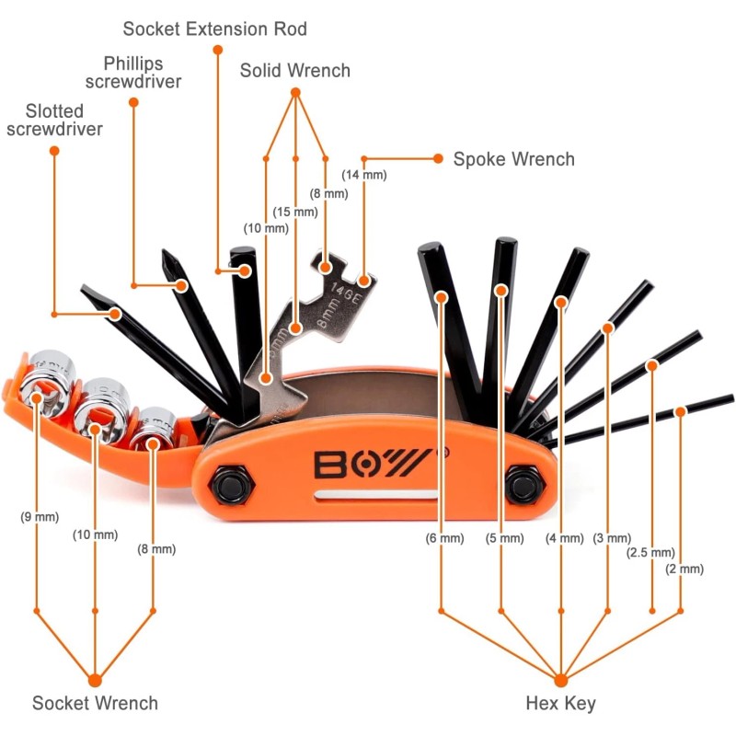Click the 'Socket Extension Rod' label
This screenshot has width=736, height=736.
pos(215,29)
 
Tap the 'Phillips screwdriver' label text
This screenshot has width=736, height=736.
pos(133,73)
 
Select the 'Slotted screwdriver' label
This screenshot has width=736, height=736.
pos(54,121)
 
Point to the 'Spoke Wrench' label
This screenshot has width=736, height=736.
pos(514,159)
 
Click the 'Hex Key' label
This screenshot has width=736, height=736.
pos(561,703)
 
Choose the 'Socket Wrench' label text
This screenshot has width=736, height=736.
pos(96,703)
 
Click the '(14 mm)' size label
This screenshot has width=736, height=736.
pos(364,175)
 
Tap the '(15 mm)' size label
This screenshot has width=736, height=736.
pos(295,212)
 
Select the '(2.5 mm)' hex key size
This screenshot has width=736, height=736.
pos(650,553)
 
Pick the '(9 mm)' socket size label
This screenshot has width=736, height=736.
pos(40,517)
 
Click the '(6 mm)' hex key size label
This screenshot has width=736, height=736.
pos(444,538)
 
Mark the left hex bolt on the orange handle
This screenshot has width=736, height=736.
pos(231,485)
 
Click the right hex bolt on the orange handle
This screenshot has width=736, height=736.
pos(524,485)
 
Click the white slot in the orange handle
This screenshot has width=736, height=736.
pos(376,495)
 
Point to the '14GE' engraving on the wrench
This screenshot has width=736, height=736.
pos(346,293)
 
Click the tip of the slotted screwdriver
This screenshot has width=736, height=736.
pos(84,287)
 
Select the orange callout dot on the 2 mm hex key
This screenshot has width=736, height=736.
pos(680,411)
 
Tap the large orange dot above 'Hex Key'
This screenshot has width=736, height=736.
pos(561,680)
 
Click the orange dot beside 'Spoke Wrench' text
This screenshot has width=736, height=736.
pos(438,158)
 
